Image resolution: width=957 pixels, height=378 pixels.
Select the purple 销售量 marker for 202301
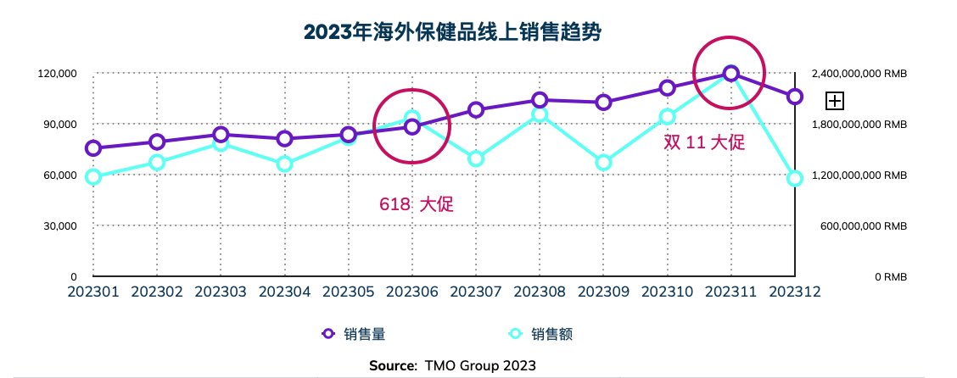click(93, 148)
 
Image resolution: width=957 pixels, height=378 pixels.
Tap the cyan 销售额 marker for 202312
click(794, 178)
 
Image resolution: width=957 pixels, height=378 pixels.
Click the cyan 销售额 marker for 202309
click(603, 162)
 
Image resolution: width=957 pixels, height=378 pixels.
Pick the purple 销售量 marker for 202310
click(667, 87)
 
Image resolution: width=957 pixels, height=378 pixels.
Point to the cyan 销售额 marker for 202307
click(476, 158)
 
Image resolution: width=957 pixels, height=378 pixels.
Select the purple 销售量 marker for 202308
click(540, 100)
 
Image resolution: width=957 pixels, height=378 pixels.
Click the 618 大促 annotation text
click(417, 204)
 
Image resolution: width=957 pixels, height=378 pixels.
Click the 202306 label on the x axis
click(412, 292)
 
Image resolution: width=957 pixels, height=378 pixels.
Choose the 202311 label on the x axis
click(730, 292)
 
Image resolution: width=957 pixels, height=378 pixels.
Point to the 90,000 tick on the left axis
click(57, 125)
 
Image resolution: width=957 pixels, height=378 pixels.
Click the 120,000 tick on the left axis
click(57, 74)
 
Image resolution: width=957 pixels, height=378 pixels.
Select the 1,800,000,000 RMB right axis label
click(859, 125)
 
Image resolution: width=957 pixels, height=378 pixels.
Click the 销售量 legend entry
click(355, 334)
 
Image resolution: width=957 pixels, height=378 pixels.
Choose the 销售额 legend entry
click(540, 334)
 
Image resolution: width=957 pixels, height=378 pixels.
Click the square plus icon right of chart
click(835, 101)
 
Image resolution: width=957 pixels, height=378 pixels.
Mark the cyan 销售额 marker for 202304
click(284, 164)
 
